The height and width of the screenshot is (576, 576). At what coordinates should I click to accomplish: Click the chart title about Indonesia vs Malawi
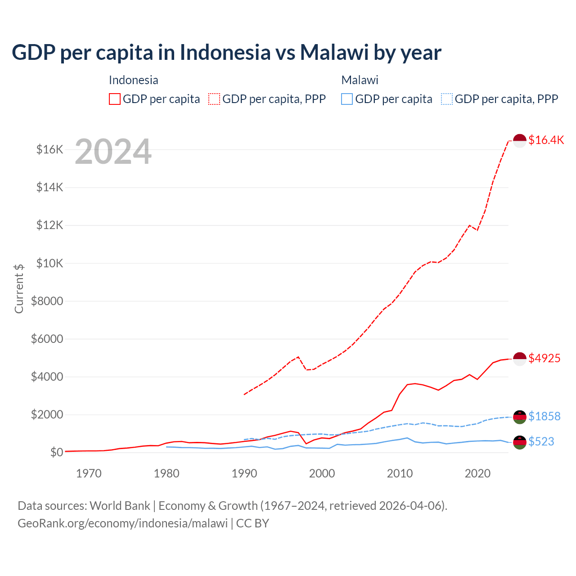[x=226, y=52]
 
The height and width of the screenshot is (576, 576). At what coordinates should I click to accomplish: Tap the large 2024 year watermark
[x=113, y=152]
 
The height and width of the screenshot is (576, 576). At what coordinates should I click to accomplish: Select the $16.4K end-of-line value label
[x=546, y=140]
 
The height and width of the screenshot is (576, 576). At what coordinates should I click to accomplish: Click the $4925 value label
[x=544, y=358]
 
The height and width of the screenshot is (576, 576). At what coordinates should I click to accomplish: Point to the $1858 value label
[x=544, y=416]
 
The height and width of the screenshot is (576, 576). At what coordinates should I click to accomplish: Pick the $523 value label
[x=541, y=441]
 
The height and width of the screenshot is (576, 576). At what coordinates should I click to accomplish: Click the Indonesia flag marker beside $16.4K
[x=520, y=141]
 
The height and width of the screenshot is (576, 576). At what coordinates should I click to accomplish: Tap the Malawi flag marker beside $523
[x=520, y=442]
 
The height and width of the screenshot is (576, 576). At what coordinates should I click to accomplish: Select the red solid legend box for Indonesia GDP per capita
[x=115, y=99]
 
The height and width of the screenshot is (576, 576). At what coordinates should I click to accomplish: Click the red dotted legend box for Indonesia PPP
[x=214, y=99]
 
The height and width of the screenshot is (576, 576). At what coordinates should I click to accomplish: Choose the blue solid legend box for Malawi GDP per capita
[x=347, y=99]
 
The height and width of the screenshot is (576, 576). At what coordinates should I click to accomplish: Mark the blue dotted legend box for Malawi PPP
[x=447, y=99]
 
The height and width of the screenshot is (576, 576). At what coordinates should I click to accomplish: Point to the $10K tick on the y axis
[x=49, y=263]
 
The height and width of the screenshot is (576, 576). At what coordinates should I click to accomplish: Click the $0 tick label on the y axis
[x=56, y=452]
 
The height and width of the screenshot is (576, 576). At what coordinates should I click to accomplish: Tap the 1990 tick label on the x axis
[x=244, y=473]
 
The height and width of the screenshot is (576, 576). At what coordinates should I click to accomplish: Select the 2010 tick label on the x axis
[x=400, y=473]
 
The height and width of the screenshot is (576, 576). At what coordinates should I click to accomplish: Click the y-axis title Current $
[x=19, y=288]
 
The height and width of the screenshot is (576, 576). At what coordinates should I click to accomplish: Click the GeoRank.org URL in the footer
[x=122, y=523]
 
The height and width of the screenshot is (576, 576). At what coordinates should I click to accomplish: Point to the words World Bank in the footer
[x=120, y=506]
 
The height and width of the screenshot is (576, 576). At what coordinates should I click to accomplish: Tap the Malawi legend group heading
[x=360, y=80]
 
